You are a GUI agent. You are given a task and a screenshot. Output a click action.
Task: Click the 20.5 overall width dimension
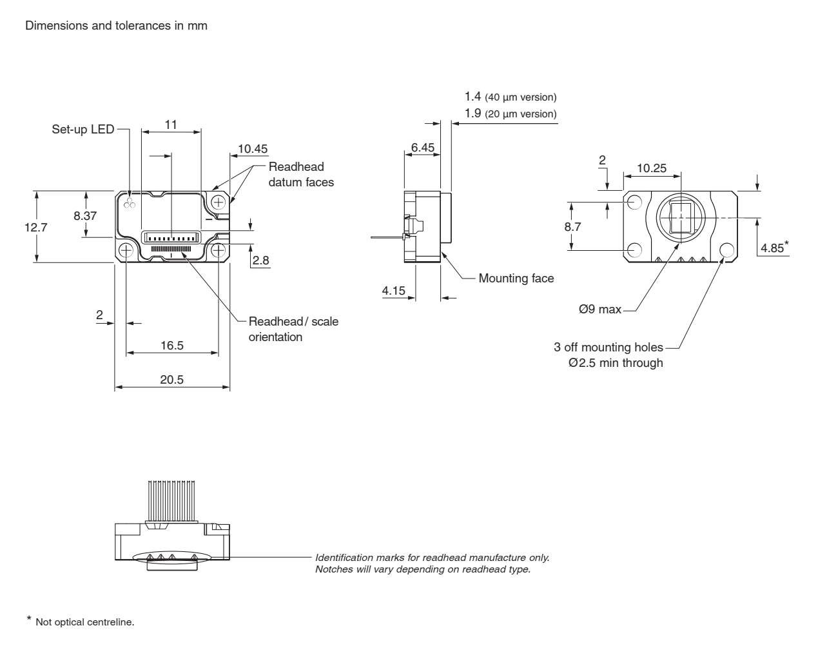click(171, 380)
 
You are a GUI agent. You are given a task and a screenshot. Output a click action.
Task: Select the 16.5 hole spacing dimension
click(171, 346)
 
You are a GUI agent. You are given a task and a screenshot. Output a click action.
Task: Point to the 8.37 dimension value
click(85, 216)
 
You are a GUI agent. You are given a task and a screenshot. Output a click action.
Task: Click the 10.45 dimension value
click(253, 149)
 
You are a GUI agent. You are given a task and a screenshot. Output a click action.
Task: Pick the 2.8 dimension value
click(261, 260)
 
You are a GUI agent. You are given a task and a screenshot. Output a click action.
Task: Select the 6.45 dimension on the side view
click(423, 148)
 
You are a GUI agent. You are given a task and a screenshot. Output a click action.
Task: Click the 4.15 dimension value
click(394, 291)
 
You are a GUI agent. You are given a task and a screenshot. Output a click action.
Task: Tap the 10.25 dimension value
click(651, 168)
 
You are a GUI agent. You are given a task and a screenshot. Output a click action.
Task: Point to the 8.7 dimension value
click(572, 227)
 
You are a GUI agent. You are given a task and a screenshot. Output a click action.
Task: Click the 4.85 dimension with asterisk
click(774, 248)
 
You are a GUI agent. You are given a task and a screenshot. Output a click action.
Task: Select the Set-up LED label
click(83, 130)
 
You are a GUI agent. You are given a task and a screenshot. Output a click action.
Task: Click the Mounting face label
click(516, 279)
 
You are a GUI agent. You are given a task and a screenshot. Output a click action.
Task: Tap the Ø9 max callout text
click(600, 309)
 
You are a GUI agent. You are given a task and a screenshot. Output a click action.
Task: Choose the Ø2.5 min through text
click(616, 363)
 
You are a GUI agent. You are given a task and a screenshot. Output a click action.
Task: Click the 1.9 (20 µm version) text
click(510, 114)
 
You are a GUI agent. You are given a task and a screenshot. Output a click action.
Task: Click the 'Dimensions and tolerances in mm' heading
click(116, 26)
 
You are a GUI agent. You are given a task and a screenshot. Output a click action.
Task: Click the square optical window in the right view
click(680, 217)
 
